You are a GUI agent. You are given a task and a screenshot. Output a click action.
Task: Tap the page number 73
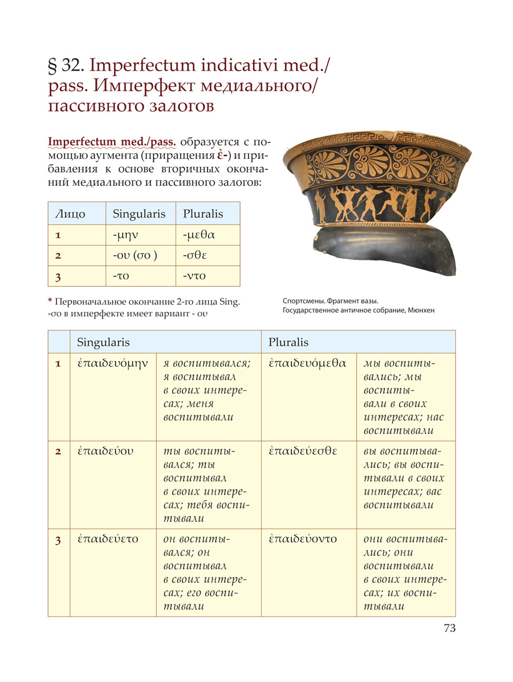click(450, 628)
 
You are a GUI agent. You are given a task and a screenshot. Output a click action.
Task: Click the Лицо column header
click(70, 214)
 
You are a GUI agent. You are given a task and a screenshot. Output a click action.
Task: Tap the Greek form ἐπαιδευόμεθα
click(308, 363)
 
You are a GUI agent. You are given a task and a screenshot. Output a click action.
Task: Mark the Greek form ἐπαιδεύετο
click(108, 539)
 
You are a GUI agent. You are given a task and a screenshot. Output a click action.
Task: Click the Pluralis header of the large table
click(288, 342)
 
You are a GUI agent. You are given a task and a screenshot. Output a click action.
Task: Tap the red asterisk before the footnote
click(50, 302)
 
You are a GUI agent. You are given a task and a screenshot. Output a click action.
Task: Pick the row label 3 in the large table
click(58, 540)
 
